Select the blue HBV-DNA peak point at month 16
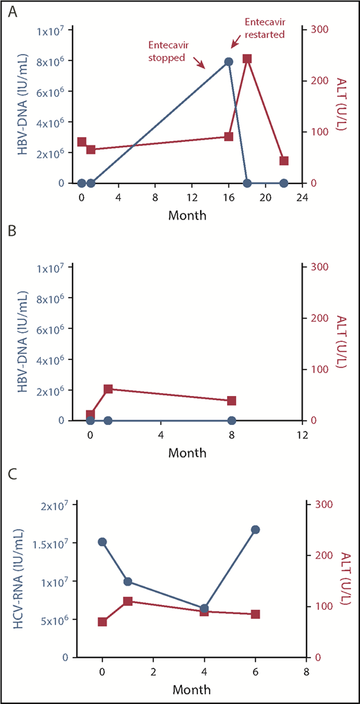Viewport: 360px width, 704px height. pos(228,62)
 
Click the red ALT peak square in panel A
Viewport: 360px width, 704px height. pos(247,59)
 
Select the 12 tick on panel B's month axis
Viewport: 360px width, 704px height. pos(302,434)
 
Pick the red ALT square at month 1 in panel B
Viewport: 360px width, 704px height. pos(108,389)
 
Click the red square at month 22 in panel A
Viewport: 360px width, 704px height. pos(284,161)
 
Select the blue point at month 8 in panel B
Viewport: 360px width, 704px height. pos(231,420)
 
